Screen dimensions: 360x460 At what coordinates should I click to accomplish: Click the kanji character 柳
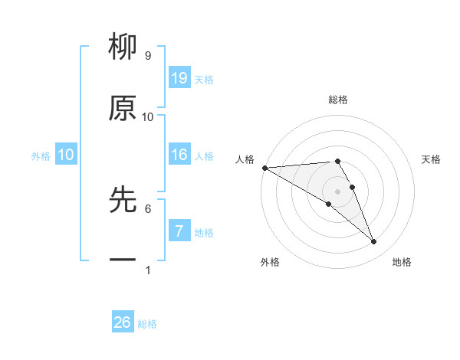pyautogui.click(x=123, y=48)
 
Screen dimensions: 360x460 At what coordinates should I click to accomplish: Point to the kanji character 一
pyautogui.click(x=123, y=260)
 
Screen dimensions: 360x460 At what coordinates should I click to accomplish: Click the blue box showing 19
pyautogui.click(x=179, y=78)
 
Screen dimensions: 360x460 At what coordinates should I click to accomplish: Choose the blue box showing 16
pyautogui.click(x=179, y=155)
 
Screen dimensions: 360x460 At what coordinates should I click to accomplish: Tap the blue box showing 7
pyautogui.click(x=179, y=231)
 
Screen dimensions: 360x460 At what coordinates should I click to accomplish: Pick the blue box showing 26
pyautogui.click(x=122, y=322)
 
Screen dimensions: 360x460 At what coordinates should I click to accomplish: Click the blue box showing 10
pyautogui.click(x=66, y=155)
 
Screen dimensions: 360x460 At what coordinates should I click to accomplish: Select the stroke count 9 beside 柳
pyautogui.click(x=148, y=56)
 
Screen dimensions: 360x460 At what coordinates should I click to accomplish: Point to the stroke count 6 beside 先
pyautogui.click(x=148, y=208)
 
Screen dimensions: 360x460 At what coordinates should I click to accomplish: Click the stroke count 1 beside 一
pyautogui.click(x=148, y=270)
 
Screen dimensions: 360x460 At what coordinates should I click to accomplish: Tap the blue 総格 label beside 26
pyautogui.click(x=147, y=324)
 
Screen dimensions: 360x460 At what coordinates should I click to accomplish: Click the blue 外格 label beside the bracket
pyautogui.click(x=41, y=156)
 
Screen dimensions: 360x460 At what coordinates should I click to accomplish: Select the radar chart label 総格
pyautogui.click(x=338, y=100)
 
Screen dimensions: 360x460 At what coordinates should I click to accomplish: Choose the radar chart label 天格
pyautogui.click(x=432, y=159)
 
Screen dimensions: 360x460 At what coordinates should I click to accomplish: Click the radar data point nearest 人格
pyautogui.click(x=264, y=168)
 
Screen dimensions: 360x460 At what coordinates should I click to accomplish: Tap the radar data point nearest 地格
pyautogui.click(x=373, y=241)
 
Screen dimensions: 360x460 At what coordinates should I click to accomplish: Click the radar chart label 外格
pyautogui.click(x=270, y=262)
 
